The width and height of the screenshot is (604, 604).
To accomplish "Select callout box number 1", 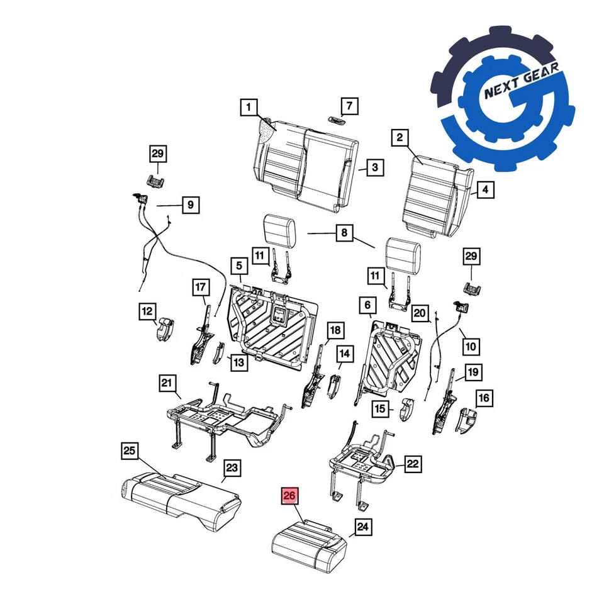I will (249, 108).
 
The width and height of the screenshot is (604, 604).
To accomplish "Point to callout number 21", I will (167, 384).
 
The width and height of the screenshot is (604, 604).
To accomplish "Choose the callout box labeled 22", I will (412, 465).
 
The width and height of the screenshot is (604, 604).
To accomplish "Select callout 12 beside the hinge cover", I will (147, 311).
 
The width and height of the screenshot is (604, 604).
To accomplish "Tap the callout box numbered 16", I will (484, 398).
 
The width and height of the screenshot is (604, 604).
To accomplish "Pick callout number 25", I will (129, 450).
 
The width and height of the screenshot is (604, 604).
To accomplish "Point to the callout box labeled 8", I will (344, 234).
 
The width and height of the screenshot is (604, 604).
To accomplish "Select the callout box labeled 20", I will (420, 313).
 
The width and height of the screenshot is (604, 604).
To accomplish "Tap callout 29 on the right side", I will (471, 257).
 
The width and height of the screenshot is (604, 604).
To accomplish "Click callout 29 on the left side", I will (157, 154).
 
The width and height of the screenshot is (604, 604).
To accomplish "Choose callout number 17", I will (200, 288).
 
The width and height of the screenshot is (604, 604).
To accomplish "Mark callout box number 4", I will (484, 189).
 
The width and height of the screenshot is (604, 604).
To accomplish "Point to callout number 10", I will (471, 345).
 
